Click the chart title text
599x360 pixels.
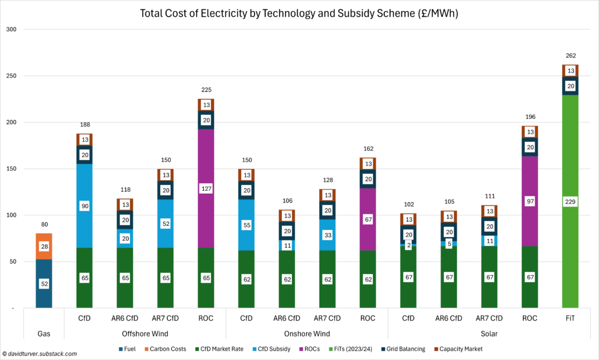(x=299, y=12)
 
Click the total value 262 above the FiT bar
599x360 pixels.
(x=570, y=56)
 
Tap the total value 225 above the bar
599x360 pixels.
(x=206, y=90)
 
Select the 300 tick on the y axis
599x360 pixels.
(x=12, y=29)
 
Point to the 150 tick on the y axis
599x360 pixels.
(x=12, y=169)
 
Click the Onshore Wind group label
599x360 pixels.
(x=307, y=334)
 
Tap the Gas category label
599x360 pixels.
(x=44, y=334)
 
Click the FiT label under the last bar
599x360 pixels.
(x=570, y=318)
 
